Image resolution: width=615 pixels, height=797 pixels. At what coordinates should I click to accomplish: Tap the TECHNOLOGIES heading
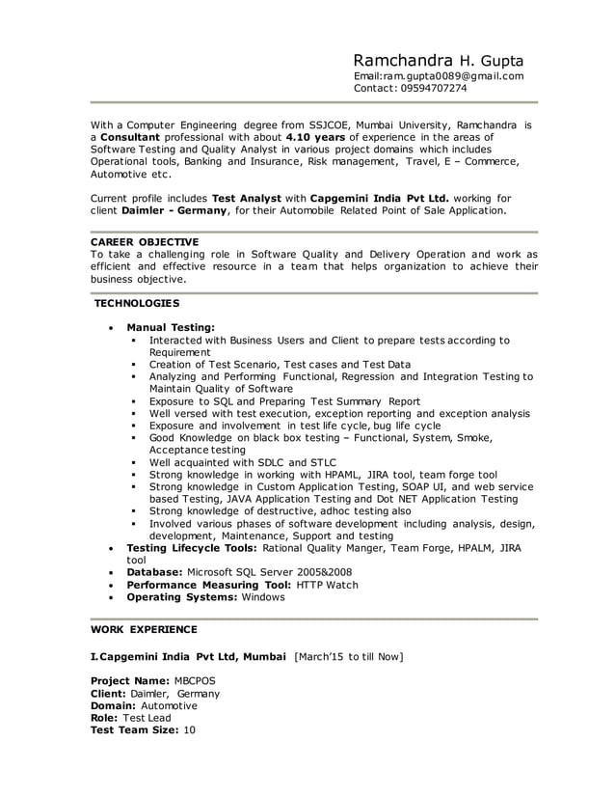(135, 304)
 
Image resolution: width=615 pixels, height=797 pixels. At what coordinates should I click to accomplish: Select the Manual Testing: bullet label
(171, 328)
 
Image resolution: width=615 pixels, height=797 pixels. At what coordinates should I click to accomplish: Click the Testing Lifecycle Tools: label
(191, 547)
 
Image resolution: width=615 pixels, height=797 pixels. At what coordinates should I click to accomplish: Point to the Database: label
(155, 572)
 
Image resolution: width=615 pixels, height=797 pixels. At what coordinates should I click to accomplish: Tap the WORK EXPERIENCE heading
(144, 629)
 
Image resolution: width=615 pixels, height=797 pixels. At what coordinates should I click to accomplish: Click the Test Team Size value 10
(189, 730)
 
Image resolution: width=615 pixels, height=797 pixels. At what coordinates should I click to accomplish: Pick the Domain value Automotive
(169, 705)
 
